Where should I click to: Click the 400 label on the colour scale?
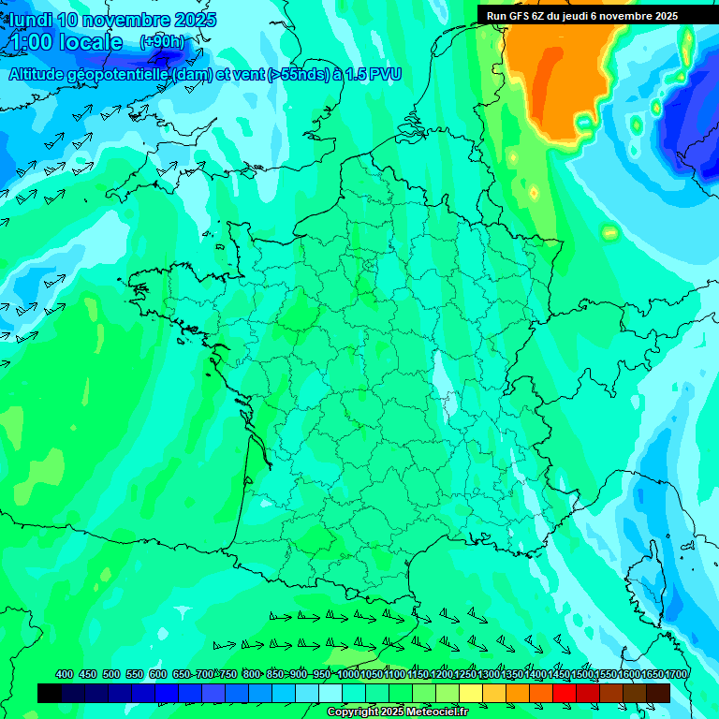[x=65, y=674]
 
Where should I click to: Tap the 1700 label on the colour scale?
[x=677, y=674]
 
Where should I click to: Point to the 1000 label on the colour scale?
[x=348, y=674]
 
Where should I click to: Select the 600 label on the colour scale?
[x=157, y=674]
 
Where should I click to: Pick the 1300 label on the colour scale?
[x=489, y=674]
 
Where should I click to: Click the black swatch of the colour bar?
[x=50, y=693]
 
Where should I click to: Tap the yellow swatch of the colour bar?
[x=471, y=693]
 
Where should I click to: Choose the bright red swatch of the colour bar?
[x=565, y=693]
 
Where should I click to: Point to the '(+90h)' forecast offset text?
[x=162, y=42]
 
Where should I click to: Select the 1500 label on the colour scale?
[x=582, y=674]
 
